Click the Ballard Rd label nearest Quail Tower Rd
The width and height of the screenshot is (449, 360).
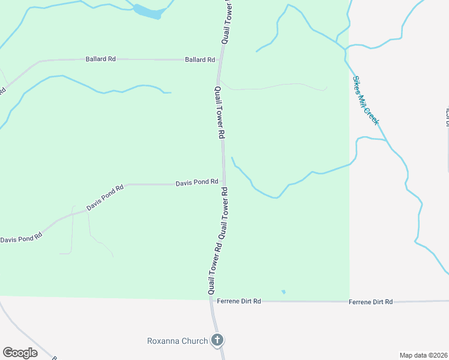(x=200, y=60)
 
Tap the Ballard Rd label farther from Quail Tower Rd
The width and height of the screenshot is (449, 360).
(x=101, y=59)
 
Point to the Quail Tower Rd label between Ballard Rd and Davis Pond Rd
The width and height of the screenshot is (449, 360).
(x=219, y=112)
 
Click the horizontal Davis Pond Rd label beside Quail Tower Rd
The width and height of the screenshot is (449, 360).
(x=196, y=182)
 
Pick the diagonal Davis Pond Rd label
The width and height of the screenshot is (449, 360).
(x=104, y=197)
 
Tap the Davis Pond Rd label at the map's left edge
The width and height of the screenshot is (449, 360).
(x=21, y=237)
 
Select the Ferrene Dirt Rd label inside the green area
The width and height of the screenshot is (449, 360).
(x=239, y=301)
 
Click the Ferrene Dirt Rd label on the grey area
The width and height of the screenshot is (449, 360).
(x=370, y=302)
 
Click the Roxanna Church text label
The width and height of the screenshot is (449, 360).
(x=177, y=341)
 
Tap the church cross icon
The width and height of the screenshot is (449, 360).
(x=217, y=340)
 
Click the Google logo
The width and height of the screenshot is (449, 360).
(x=20, y=353)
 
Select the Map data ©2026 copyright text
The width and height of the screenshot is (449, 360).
(x=423, y=355)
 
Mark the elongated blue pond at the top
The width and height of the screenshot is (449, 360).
(x=148, y=12)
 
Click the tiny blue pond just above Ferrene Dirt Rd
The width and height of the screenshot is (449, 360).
(x=283, y=292)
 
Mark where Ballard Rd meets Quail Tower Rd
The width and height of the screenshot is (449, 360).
(x=221, y=60)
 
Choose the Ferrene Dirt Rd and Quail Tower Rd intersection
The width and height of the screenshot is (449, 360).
(x=211, y=301)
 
